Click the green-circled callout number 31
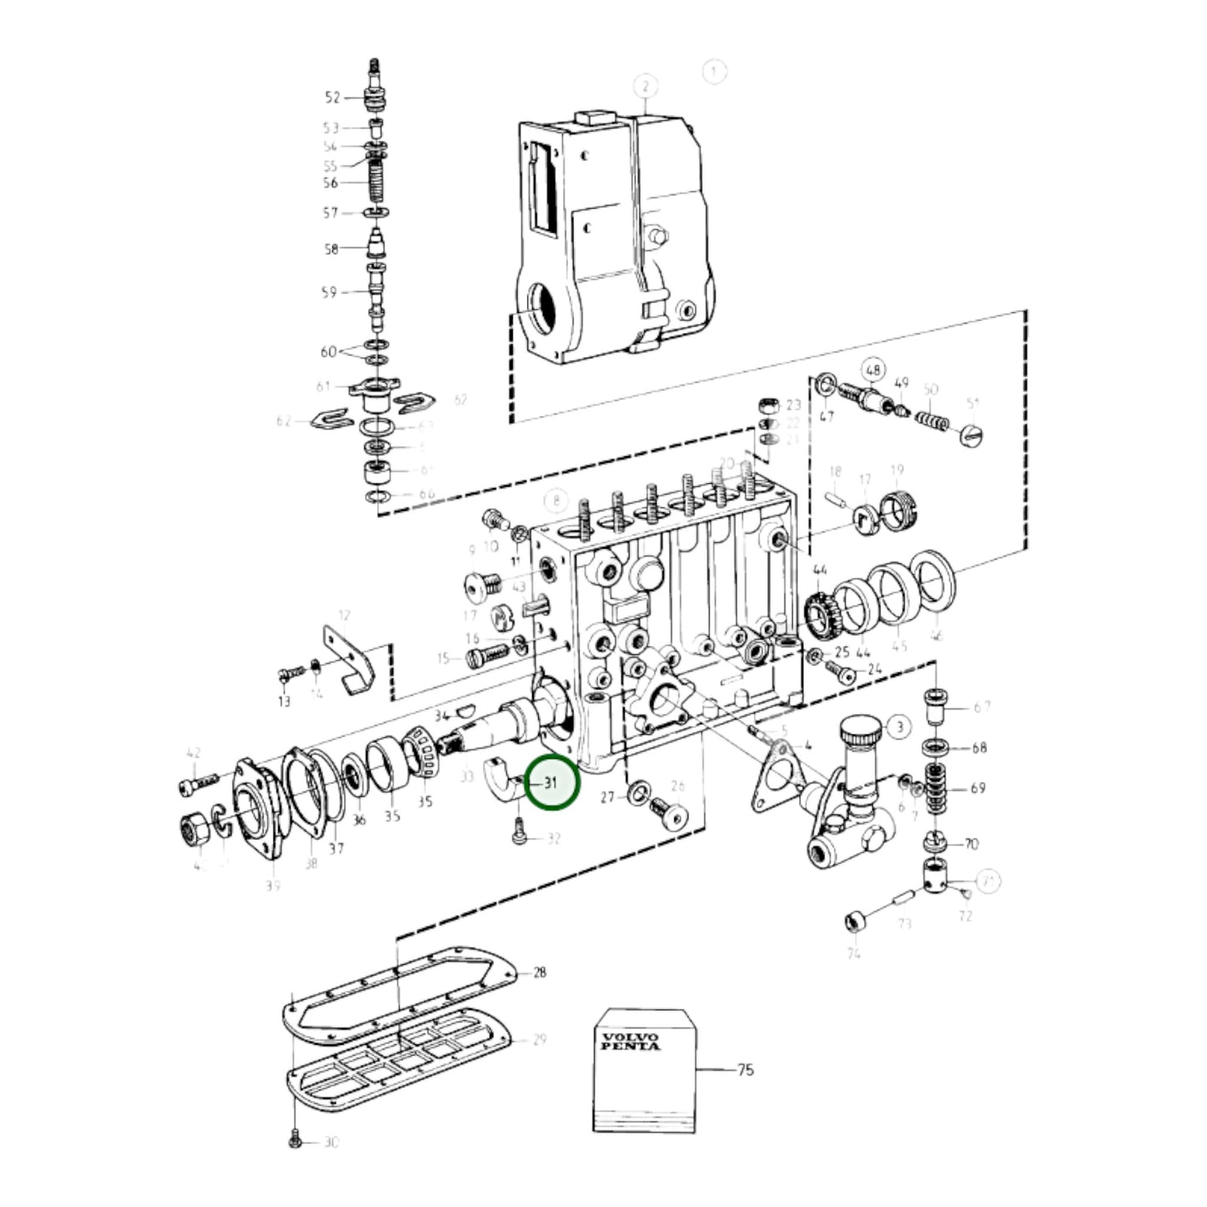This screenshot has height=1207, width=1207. click(x=550, y=784)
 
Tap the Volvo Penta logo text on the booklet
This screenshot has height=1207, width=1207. click(x=630, y=1041)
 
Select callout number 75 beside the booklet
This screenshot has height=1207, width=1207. click(x=745, y=1069)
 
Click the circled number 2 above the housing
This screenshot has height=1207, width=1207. click(x=645, y=86)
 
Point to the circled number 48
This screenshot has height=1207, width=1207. click(x=873, y=370)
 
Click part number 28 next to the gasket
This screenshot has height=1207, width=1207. click(x=540, y=972)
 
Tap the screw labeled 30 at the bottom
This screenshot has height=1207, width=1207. click(x=294, y=1141)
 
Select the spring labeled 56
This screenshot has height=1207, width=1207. click(x=377, y=183)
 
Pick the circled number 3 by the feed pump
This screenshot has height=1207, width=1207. click(x=899, y=727)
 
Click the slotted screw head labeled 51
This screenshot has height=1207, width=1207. click(x=974, y=435)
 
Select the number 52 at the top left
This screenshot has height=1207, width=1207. click(x=332, y=98)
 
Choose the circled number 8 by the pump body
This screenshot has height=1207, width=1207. click(x=555, y=501)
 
